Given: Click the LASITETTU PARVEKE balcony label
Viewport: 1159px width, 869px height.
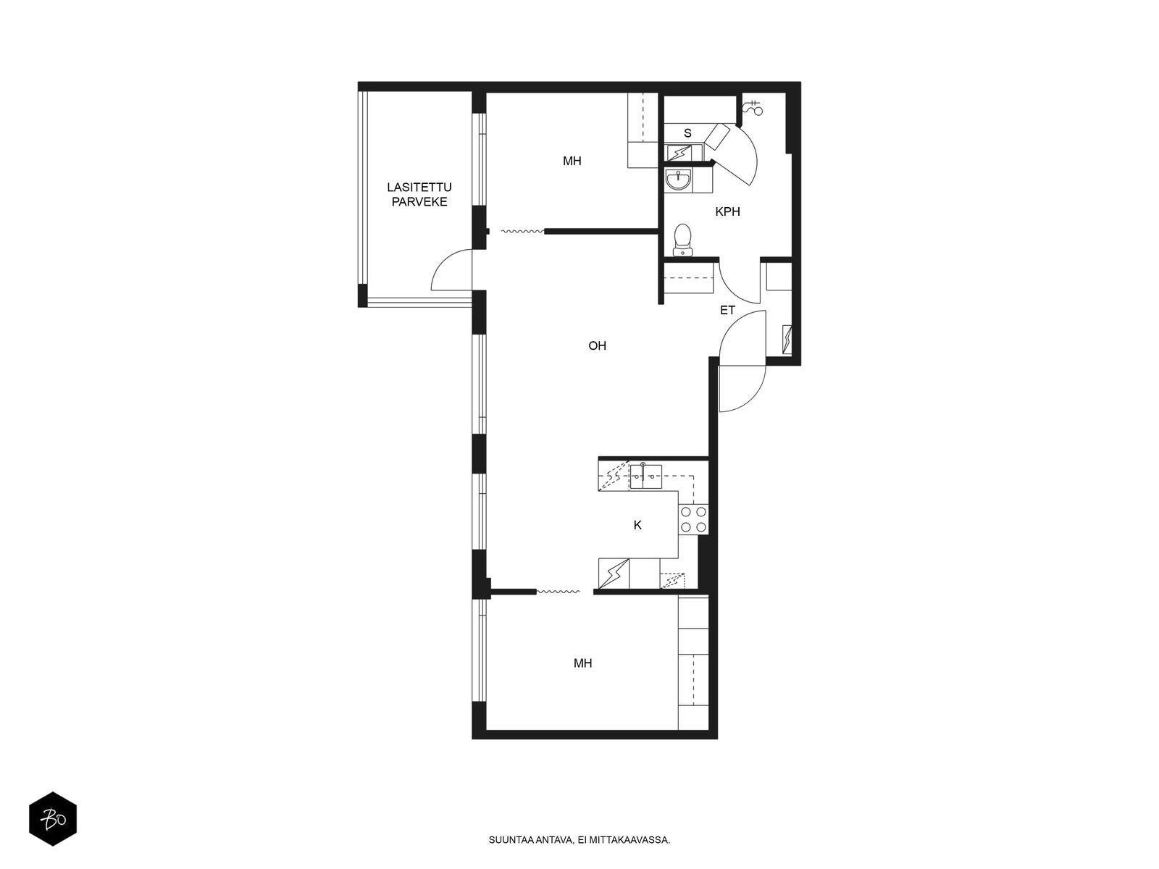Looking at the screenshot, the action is (x=419, y=194).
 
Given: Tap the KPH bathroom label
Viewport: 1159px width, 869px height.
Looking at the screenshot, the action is (x=727, y=211).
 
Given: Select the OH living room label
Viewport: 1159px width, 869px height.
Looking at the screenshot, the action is (x=597, y=345).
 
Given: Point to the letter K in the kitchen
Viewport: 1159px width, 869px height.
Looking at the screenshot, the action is (x=637, y=525).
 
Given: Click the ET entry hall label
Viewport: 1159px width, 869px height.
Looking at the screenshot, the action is (x=727, y=310).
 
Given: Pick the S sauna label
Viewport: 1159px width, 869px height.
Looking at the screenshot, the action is (x=687, y=133).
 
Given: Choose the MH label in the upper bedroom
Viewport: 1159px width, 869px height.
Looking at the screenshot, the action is (x=572, y=161).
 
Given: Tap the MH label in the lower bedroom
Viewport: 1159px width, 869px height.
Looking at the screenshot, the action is (x=582, y=663).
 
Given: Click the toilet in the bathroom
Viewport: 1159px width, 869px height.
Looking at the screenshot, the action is (x=683, y=240).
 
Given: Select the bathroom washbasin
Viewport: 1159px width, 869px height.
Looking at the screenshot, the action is (x=677, y=180).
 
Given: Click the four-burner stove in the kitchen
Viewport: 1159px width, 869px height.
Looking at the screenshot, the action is (x=694, y=519).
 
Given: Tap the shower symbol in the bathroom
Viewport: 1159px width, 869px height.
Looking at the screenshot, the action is (x=753, y=107).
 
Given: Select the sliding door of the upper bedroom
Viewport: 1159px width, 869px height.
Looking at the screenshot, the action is (x=522, y=231).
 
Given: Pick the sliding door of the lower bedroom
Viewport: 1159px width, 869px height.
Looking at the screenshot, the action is (x=558, y=592).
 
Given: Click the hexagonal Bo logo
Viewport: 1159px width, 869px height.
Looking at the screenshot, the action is (x=53, y=818).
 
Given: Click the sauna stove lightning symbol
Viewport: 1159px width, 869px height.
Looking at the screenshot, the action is (x=679, y=153).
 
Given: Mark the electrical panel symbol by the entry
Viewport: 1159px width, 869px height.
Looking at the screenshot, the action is (x=787, y=339).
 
